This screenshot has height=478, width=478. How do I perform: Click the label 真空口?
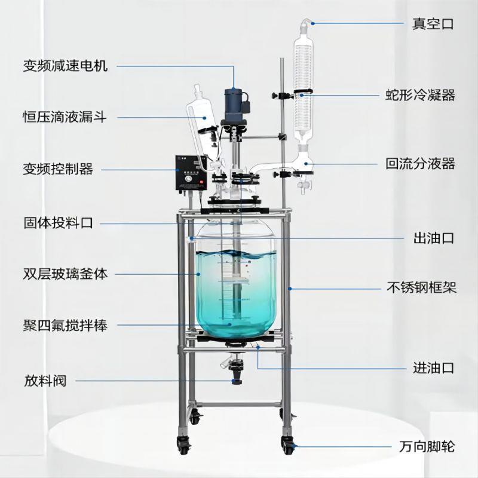(433, 24)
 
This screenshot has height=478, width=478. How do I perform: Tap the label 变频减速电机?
(65, 66)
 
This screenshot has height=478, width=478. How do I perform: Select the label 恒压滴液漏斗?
(65, 117)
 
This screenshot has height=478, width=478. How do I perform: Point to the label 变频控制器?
(58, 169)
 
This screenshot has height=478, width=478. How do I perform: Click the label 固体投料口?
(58, 223)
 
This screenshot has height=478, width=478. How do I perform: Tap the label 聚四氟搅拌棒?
(65, 326)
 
